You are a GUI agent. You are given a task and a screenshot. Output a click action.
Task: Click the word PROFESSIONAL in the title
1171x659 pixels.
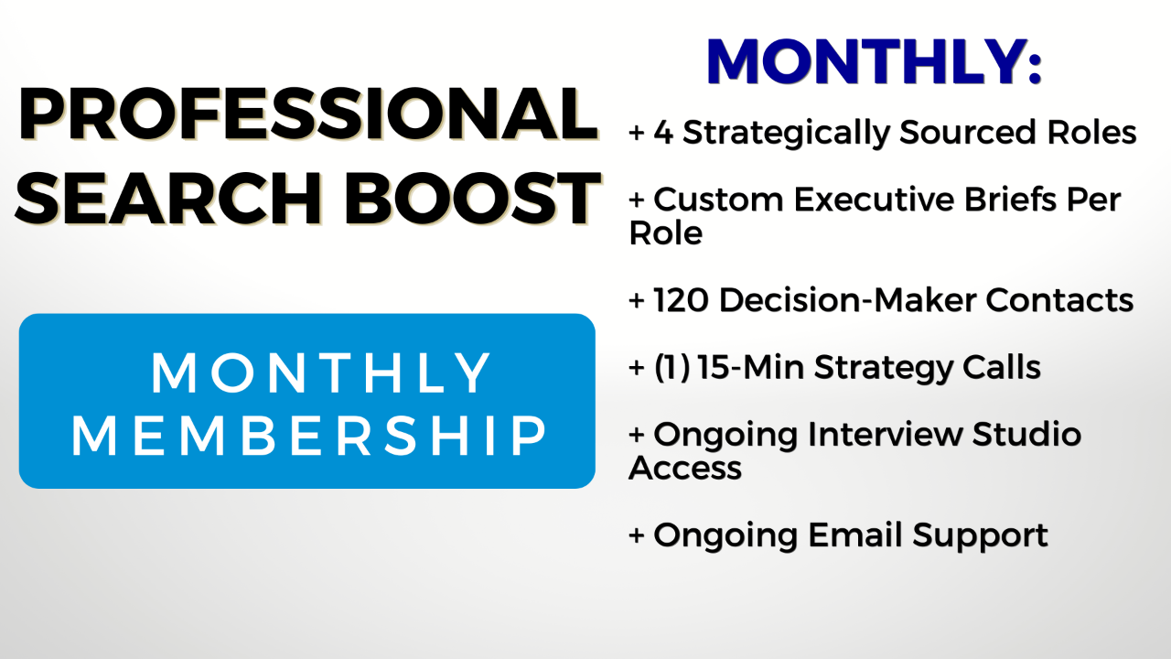pyautogui.click(x=307, y=114)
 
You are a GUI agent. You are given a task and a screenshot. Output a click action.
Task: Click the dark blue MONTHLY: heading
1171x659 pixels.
pyautogui.click(x=875, y=61)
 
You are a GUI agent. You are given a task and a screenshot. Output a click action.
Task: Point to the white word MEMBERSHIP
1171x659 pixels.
pyautogui.click(x=309, y=435)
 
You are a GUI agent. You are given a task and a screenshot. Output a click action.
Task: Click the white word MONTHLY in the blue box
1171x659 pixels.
pyautogui.click(x=320, y=373)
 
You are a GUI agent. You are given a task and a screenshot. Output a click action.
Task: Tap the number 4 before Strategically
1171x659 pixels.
pyautogui.click(x=663, y=132)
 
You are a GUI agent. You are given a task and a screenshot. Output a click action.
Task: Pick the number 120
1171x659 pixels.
pyautogui.click(x=681, y=300)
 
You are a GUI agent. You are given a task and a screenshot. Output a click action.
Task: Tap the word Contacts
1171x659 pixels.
pyautogui.click(x=1059, y=300)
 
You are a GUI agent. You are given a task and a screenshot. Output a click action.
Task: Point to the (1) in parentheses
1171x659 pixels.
pyautogui.click(x=671, y=367)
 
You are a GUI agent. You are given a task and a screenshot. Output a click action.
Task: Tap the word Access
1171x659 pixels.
pyautogui.click(x=685, y=468)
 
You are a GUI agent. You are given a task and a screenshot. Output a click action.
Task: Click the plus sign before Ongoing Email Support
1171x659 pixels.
pyautogui.click(x=636, y=535)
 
